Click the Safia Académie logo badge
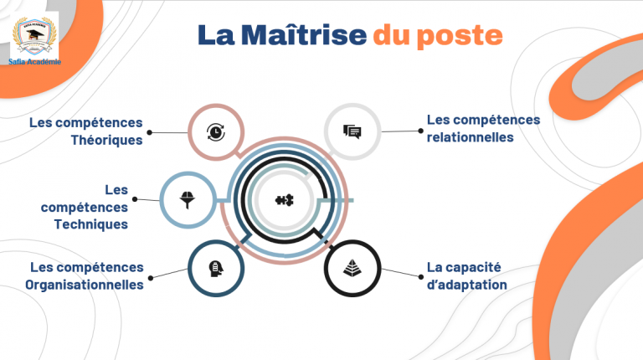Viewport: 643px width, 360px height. click(34, 34)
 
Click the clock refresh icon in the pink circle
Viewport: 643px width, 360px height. click(216, 131)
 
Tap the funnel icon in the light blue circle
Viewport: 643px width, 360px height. click(188, 199)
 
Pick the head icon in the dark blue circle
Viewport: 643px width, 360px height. click(216, 268)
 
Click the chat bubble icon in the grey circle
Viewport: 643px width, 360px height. click(352, 131)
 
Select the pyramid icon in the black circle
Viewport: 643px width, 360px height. click(352, 268)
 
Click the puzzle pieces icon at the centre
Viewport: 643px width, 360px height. click(284, 200)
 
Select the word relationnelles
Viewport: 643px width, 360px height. click(470, 136)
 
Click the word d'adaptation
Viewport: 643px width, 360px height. click(466, 284)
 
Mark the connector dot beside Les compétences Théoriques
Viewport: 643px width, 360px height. click(150, 131)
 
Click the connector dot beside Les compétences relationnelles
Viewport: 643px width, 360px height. click(418, 131)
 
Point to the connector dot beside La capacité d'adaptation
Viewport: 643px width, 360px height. click(418, 275)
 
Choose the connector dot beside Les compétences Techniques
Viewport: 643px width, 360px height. click(136, 199)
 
